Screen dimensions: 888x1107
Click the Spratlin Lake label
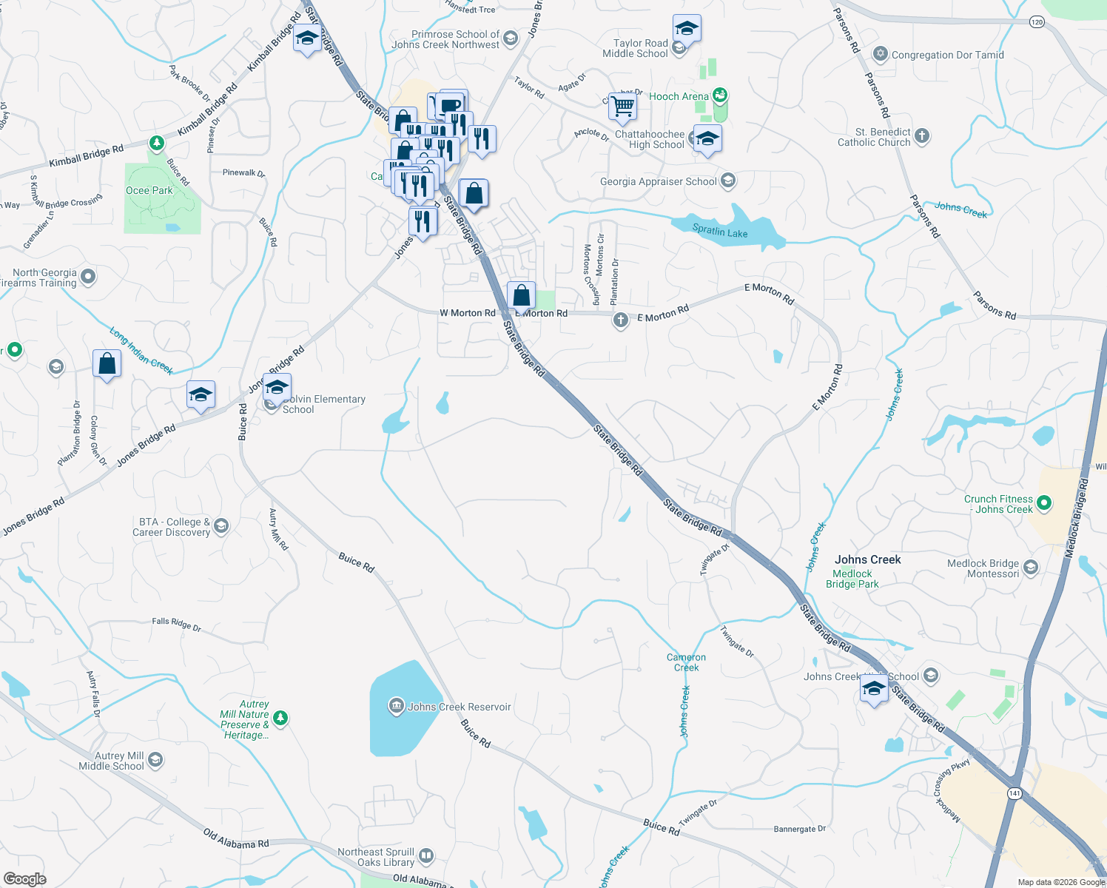(x=719, y=232)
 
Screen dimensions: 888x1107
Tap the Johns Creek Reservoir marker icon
(x=396, y=706)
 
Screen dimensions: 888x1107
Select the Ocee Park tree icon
(x=156, y=142)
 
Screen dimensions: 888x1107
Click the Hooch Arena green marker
(x=720, y=95)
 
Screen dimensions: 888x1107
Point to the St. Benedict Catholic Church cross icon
(x=921, y=135)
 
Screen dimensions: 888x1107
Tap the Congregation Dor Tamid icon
(x=880, y=54)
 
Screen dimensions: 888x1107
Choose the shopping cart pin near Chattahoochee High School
(x=622, y=107)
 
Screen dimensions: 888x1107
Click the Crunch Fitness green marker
(x=1044, y=503)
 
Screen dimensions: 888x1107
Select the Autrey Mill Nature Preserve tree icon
(x=280, y=717)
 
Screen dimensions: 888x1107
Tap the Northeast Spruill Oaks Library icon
(x=425, y=856)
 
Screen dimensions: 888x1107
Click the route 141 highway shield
(x=1014, y=793)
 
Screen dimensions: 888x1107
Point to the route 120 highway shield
(x=1037, y=22)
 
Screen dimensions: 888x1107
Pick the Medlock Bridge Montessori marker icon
(x=1031, y=568)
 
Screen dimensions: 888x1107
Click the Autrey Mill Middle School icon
(x=155, y=759)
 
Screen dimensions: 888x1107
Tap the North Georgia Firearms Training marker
(x=88, y=277)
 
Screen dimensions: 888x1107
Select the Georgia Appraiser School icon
(x=728, y=181)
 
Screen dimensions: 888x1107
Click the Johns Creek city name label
(x=867, y=559)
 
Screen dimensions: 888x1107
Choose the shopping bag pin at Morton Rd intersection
(x=522, y=295)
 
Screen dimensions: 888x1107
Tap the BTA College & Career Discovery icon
(x=221, y=526)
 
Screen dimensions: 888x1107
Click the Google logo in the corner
(x=24, y=878)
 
